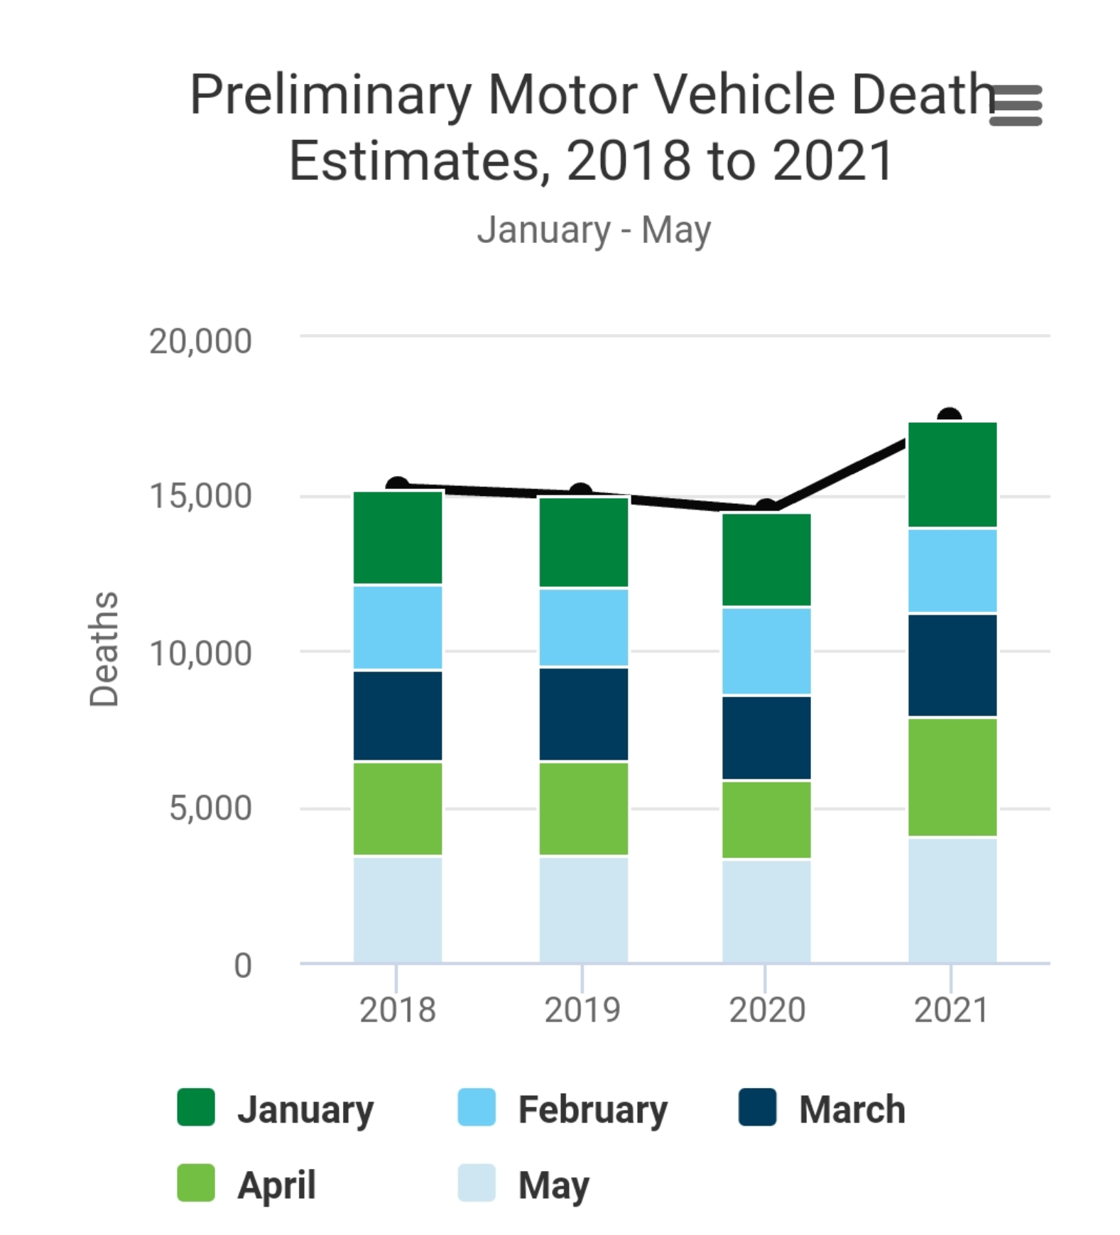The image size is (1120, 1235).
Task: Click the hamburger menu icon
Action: tap(1016, 105)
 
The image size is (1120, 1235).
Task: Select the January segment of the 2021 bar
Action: tap(952, 475)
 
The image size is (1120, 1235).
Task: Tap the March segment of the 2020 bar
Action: tap(766, 738)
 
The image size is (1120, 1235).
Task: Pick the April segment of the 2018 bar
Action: tap(398, 809)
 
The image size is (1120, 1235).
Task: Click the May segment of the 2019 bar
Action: tap(584, 910)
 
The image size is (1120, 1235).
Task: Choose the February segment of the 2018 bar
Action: tap(398, 627)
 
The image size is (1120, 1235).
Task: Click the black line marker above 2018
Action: tap(397, 485)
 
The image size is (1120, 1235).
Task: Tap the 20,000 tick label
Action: tap(200, 341)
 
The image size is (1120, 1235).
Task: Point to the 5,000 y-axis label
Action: tap(210, 808)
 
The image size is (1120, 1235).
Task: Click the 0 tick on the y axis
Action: tap(243, 965)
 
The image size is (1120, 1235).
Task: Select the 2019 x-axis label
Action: tap(582, 1010)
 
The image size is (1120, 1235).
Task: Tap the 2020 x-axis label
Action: tap(767, 1010)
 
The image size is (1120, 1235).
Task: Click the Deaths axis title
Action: tap(104, 649)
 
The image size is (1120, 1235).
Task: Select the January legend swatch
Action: tap(196, 1107)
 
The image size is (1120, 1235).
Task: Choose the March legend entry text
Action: tap(852, 1109)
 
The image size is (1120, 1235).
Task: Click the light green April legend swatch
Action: tap(196, 1183)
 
